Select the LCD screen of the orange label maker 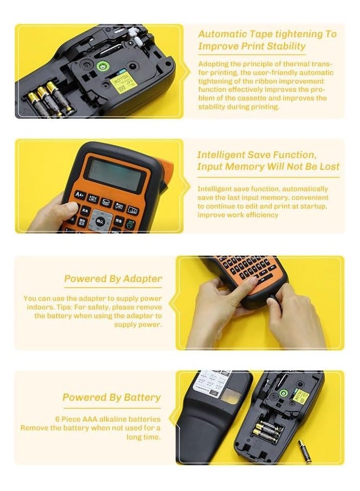point(113,174)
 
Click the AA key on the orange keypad point(80,194)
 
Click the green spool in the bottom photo point(283,393)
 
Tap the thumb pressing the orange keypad point(69,208)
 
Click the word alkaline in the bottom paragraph point(120,419)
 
